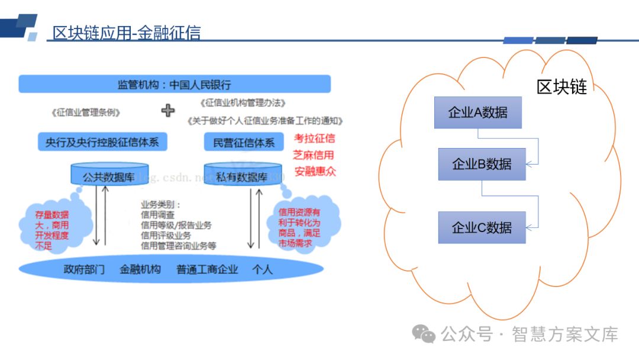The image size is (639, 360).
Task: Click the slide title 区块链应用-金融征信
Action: click(126, 33)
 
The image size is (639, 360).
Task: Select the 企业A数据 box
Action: click(478, 112)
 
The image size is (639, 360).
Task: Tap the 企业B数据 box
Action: click(482, 164)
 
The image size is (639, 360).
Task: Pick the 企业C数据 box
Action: click(482, 227)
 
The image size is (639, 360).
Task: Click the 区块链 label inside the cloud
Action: click(561, 87)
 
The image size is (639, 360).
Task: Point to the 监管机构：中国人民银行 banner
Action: click(175, 84)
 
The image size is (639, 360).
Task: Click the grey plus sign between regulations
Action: click(169, 110)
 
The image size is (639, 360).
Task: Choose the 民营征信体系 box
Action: click(243, 143)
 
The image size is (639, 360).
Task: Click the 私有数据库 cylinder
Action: click(241, 176)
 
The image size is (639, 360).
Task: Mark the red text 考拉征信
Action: click(314, 139)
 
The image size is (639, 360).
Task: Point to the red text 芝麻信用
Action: click(314, 156)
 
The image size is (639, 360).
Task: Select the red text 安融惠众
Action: click(314, 172)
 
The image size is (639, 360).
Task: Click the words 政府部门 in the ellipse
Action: click(85, 269)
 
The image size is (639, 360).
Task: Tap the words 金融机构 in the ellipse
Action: click(140, 269)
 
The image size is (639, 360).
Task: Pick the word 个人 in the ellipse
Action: click(262, 269)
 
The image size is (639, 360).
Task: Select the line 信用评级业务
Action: click(166, 235)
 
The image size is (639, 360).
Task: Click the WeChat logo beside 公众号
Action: click(424, 334)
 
